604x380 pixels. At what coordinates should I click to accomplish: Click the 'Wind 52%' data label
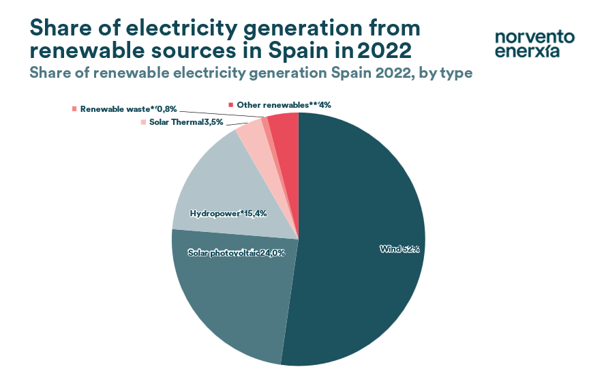[399, 249]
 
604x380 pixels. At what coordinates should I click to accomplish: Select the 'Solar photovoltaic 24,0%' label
[236, 253]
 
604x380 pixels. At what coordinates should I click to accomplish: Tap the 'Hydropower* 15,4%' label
[228, 213]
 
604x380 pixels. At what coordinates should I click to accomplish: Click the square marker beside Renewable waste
[74, 108]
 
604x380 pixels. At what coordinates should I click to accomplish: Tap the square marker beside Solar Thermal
[143, 122]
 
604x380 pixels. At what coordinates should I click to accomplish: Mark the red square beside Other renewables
[231, 104]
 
